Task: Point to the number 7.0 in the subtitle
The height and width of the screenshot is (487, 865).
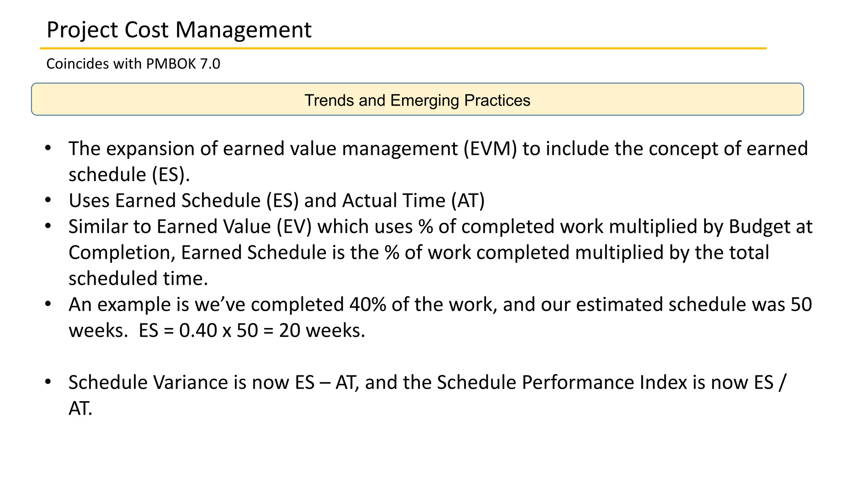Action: [x=210, y=64]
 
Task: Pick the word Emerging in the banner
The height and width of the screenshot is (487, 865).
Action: [x=424, y=101]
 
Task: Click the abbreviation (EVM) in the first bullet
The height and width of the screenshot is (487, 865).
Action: [x=490, y=149]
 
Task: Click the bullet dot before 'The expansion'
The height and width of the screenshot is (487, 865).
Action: [x=48, y=148]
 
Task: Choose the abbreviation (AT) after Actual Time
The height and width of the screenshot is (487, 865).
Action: [x=468, y=201]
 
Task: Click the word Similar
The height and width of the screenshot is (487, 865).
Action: [x=98, y=227]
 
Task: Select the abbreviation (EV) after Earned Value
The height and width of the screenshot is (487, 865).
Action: [x=294, y=227]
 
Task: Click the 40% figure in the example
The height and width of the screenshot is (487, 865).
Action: [x=367, y=305]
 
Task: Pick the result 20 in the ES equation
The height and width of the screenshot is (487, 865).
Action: [x=289, y=331]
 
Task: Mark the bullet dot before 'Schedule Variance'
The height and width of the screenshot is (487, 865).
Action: [x=48, y=382]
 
